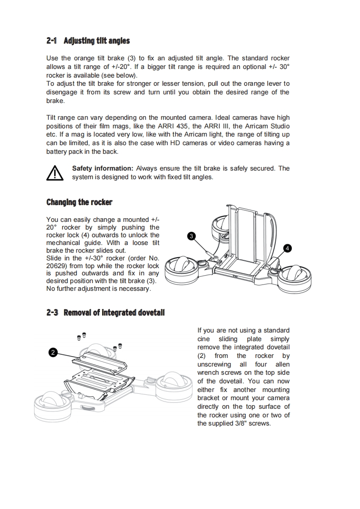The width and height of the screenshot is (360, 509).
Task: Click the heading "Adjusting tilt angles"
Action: [97, 41]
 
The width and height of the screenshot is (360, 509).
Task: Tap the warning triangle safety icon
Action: [54, 173]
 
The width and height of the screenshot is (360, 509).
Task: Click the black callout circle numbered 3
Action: [192, 236]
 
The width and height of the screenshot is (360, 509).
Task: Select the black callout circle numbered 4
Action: [287, 248]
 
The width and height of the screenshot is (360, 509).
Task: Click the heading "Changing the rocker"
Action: [79, 202]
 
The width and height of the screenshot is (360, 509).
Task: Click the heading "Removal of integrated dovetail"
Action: [114, 313]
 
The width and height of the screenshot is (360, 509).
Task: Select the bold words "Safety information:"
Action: [103, 168]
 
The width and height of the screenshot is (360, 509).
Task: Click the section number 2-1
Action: [51, 41]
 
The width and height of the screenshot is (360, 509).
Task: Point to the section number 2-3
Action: [52, 313]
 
